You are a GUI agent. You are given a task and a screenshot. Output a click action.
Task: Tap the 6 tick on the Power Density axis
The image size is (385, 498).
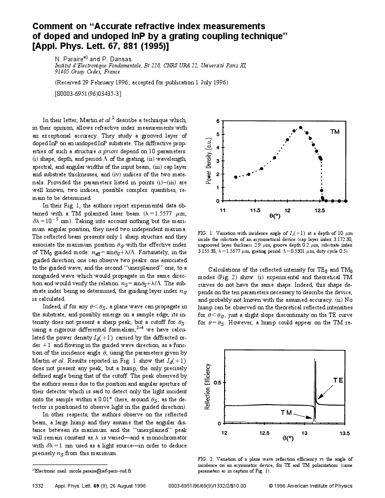(x=218, y=121)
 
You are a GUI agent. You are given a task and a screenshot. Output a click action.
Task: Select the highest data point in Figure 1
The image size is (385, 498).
(x=301, y=128)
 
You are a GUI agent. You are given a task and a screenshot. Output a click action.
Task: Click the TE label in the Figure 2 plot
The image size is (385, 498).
(x=338, y=380)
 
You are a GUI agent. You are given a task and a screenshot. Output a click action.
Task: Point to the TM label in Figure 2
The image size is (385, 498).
(x=286, y=412)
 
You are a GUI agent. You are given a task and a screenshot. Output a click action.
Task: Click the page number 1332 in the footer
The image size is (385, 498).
(x=38, y=485)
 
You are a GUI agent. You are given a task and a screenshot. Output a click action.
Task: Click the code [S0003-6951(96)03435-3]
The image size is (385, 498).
(x=89, y=93)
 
